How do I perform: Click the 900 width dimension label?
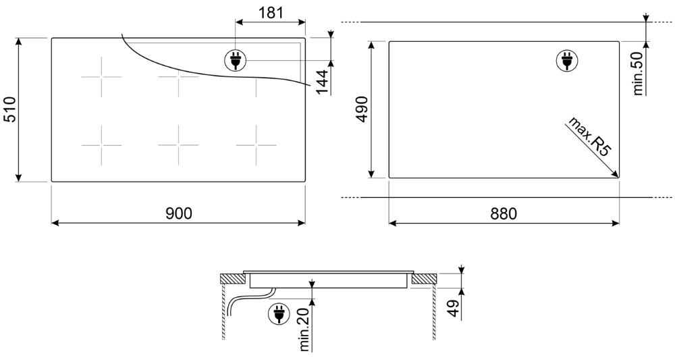pyautogui.click(x=179, y=213)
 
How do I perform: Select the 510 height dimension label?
pyautogui.click(x=10, y=110)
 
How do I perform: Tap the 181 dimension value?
pyautogui.click(x=271, y=13)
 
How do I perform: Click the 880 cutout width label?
pyautogui.click(x=504, y=213)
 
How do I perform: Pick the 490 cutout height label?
pyautogui.click(x=362, y=109)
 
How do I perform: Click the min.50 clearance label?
pyautogui.click(x=638, y=73)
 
